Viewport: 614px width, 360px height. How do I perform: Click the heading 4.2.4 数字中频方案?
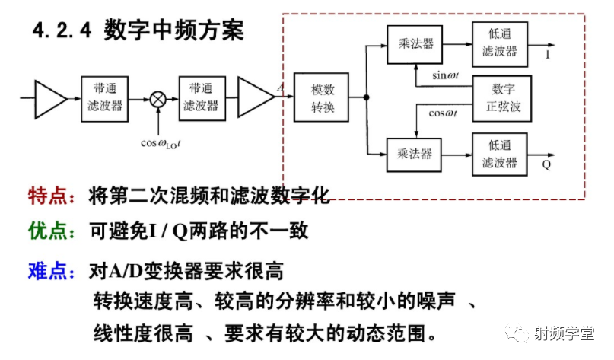coord(138,31)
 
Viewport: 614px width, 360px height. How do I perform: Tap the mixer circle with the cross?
coord(157,98)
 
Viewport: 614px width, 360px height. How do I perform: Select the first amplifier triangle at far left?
coord(51,97)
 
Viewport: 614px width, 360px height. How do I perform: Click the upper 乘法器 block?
coord(415,44)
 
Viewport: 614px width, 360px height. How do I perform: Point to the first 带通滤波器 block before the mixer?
coord(103,97)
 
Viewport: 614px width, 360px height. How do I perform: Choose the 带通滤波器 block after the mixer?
coord(201,97)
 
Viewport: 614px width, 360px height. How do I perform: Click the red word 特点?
coord(46,196)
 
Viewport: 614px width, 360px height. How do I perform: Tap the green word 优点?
coord(46,231)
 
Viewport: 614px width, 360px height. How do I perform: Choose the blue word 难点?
coord(46,270)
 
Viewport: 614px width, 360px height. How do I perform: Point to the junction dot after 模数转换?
coord(366,97)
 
